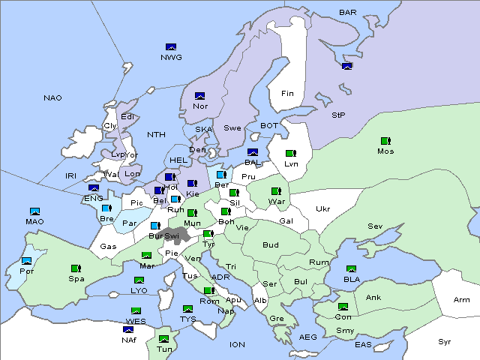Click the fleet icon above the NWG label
[x=170, y=46]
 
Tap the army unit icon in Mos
[x=385, y=141]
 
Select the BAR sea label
[x=348, y=13]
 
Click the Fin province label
[x=287, y=94]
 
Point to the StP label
[x=338, y=115]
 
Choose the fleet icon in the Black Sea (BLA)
[x=351, y=268]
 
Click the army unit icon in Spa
[x=76, y=268]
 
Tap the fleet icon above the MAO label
[x=34, y=211]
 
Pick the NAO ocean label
[x=52, y=98]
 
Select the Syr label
[x=445, y=341]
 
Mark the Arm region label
[x=462, y=300]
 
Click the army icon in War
[x=276, y=191]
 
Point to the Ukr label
[x=322, y=209]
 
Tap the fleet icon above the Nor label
[x=199, y=96]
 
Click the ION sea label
[x=237, y=345]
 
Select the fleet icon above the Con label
[x=343, y=306]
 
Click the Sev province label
[x=375, y=226]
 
